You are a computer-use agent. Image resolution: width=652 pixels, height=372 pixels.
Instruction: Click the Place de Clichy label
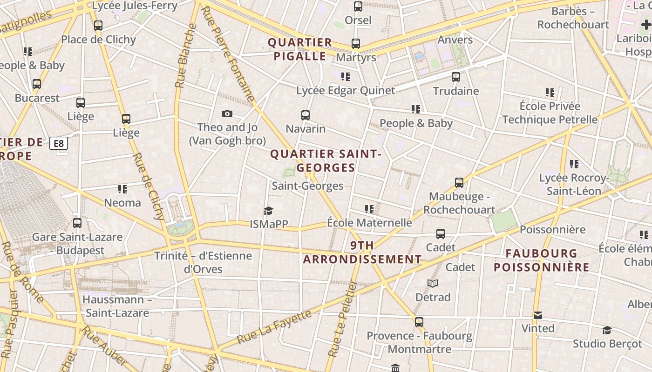(98, 40)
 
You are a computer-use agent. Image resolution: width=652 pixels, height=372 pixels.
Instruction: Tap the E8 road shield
(59, 143)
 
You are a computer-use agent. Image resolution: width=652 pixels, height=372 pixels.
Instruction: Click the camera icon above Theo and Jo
(227, 113)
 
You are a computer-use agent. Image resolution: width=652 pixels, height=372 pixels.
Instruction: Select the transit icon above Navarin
(306, 115)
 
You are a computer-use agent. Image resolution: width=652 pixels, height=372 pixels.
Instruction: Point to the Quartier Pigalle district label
(300, 49)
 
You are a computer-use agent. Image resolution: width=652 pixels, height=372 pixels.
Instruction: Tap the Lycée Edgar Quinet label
(346, 90)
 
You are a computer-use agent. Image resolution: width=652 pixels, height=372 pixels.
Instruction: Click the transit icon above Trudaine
(456, 77)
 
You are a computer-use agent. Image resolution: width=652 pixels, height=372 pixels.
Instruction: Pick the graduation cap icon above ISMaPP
(269, 211)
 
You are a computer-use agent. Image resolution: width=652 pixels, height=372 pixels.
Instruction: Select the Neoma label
(122, 203)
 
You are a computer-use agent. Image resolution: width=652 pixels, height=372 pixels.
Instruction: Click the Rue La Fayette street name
(274, 327)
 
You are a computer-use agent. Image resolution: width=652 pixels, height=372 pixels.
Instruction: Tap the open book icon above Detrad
(433, 283)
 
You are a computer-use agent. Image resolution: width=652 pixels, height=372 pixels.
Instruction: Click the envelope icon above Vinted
(538, 315)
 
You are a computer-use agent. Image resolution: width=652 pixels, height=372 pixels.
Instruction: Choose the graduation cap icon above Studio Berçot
(607, 330)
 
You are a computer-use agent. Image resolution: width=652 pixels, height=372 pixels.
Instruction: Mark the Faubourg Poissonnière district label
(542, 260)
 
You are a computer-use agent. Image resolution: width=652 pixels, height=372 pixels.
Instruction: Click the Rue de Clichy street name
(149, 186)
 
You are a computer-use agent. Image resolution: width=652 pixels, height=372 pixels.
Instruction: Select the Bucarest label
(37, 98)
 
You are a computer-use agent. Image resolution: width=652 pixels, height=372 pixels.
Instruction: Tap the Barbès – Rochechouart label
(573, 18)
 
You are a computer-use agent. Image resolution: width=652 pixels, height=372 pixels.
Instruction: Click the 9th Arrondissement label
(362, 252)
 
